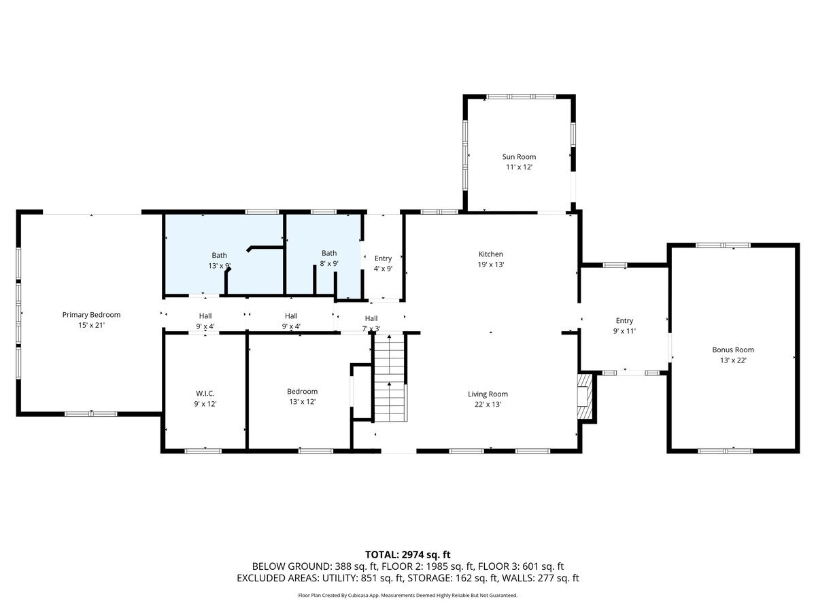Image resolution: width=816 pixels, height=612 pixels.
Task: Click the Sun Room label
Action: (519, 157)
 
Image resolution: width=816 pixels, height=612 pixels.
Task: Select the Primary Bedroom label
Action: (91, 315)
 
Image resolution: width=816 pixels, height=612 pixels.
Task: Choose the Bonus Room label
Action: (733, 350)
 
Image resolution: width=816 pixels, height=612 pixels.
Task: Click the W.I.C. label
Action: (205, 393)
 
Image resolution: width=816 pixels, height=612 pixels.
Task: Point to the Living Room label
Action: (488, 394)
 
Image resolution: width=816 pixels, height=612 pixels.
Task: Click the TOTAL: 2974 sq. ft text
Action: (408, 554)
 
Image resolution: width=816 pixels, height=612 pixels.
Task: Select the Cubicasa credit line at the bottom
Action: (408, 595)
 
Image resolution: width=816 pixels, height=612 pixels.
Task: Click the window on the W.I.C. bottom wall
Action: (203, 450)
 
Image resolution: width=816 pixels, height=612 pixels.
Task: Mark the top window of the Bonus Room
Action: (723, 245)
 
